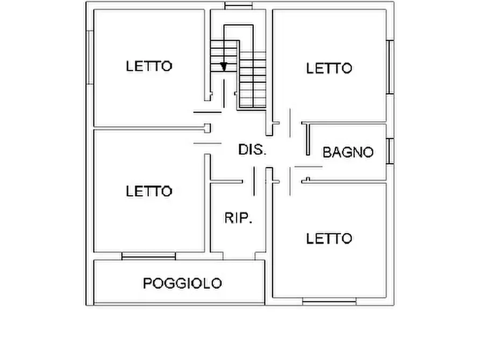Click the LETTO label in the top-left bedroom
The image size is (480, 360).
(149, 66)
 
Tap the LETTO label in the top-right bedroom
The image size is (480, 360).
(329, 68)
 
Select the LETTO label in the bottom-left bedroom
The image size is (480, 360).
(149, 191)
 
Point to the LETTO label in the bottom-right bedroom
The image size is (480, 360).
(329, 238)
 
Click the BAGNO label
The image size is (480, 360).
(348, 152)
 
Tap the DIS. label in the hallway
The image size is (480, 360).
(252, 150)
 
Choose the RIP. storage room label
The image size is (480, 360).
(238, 219)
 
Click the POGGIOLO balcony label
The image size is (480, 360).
(182, 283)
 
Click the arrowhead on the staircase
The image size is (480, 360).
(224, 67)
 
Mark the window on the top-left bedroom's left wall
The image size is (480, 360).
(90, 57)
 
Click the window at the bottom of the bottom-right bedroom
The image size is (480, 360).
(329, 302)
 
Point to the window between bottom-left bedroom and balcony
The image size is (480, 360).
(148, 256)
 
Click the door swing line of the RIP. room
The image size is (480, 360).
(254, 181)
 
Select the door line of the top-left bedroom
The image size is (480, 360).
(207, 112)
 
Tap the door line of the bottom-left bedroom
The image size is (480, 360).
(207, 143)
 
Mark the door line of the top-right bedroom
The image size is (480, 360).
(290, 124)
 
